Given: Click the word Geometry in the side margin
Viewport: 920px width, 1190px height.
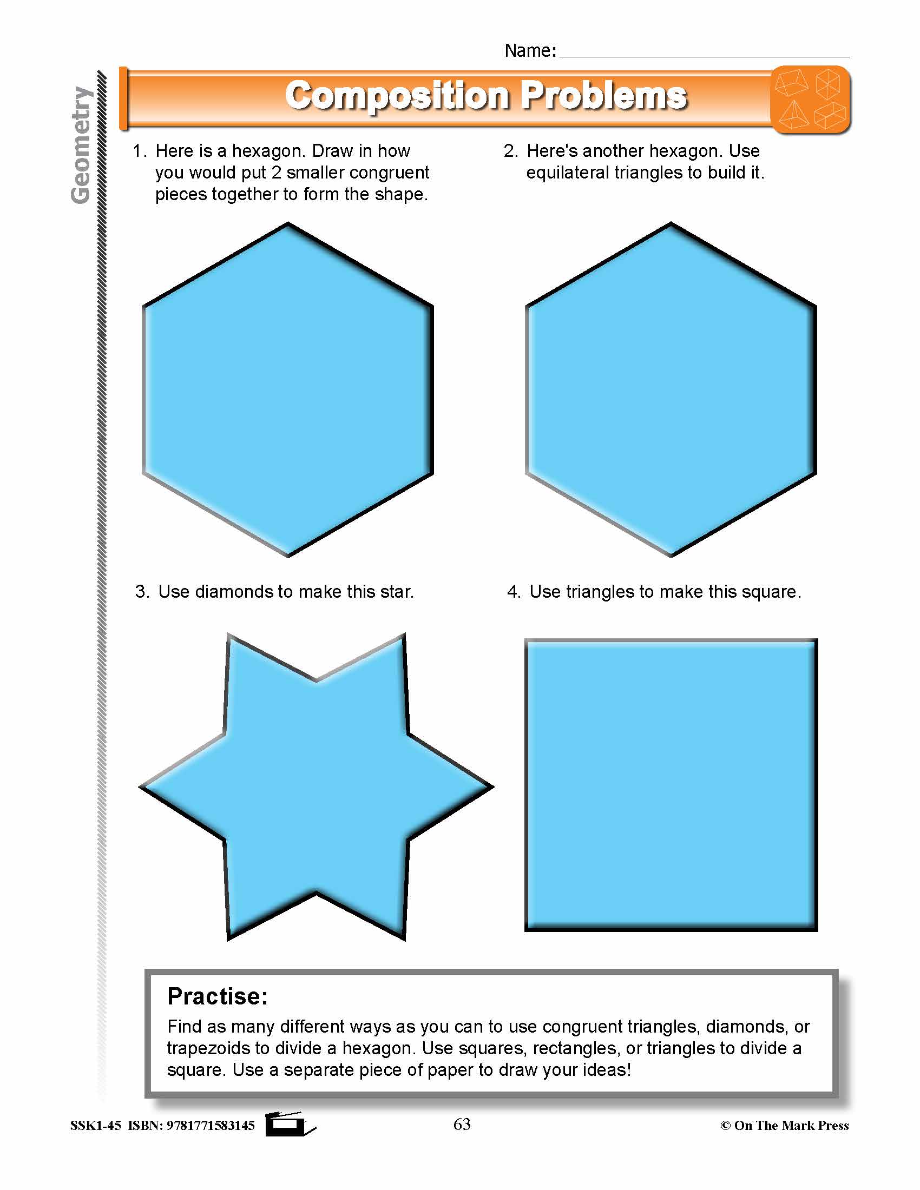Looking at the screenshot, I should [81, 145].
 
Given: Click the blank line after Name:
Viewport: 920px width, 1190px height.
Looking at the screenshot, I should [704, 52].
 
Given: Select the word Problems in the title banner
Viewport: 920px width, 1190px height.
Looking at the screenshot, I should [603, 96].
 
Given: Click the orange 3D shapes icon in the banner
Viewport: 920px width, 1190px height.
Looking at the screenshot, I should [811, 99].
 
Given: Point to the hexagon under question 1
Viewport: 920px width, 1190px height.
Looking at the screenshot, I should [288, 389].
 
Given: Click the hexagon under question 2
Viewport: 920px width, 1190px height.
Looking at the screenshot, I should [671, 389].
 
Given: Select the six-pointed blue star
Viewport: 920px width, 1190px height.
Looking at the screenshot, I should [316, 788].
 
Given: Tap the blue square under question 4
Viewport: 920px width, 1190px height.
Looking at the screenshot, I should [671, 785].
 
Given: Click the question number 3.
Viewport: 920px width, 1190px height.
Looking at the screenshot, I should [141, 592].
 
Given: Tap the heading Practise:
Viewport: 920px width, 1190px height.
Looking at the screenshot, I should [218, 996].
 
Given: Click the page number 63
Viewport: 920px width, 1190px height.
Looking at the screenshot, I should [462, 1124].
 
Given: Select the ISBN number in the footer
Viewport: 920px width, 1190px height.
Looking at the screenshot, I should [211, 1126].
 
